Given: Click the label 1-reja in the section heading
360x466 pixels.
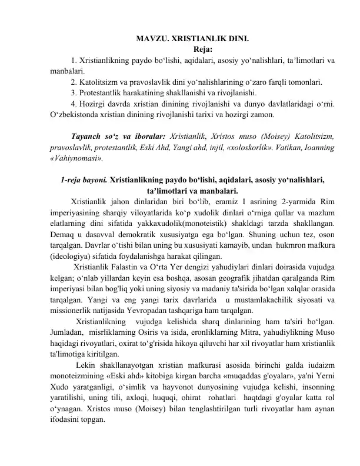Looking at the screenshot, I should click(73, 180).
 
